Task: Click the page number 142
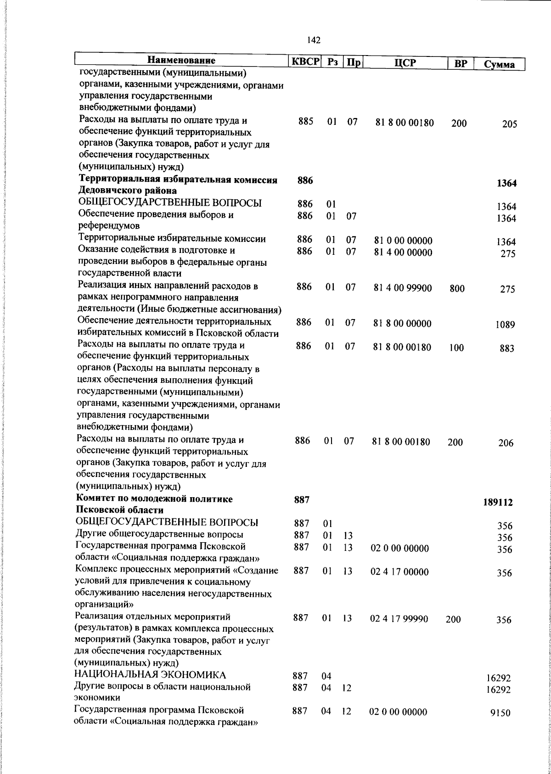(x=314, y=40)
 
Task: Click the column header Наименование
(x=181, y=61)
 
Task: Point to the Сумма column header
(x=499, y=65)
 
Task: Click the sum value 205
(x=509, y=124)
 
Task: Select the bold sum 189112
(x=498, y=502)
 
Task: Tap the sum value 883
(x=507, y=349)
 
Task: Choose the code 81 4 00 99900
(x=403, y=288)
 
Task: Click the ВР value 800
(x=457, y=289)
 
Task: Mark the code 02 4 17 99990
(x=399, y=619)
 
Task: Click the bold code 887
(x=301, y=500)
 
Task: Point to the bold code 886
(x=305, y=181)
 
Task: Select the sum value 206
(x=506, y=443)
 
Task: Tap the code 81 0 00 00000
(x=403, y=241)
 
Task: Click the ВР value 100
(x=456, y=348)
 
